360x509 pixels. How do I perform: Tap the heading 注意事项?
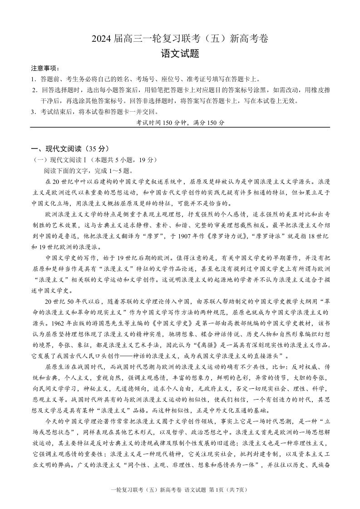tap(44, 68)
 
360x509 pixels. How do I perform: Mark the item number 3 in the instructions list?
tap(33, 112)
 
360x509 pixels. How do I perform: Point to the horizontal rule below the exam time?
tap(180, 128)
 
